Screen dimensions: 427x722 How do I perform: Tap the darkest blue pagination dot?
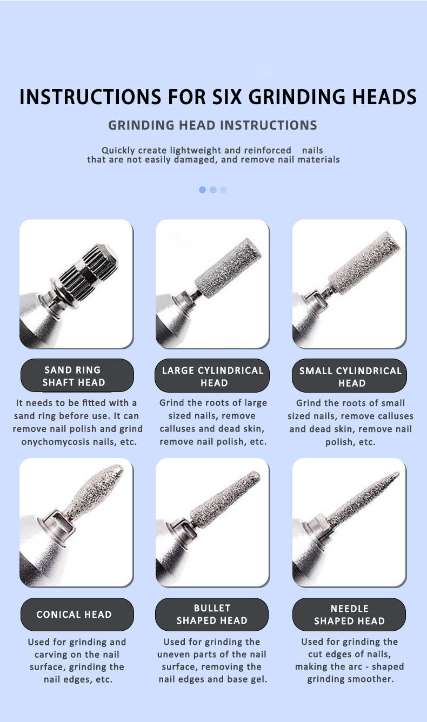202,190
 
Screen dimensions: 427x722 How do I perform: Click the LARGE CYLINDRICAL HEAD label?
212,376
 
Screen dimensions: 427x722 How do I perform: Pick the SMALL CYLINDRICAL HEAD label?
349,376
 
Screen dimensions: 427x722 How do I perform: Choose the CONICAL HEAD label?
77,615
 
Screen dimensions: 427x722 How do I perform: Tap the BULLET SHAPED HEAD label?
212,615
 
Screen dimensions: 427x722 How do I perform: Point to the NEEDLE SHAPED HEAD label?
349,615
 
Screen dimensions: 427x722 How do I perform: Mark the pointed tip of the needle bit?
398,473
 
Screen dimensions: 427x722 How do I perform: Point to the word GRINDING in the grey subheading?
141,125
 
